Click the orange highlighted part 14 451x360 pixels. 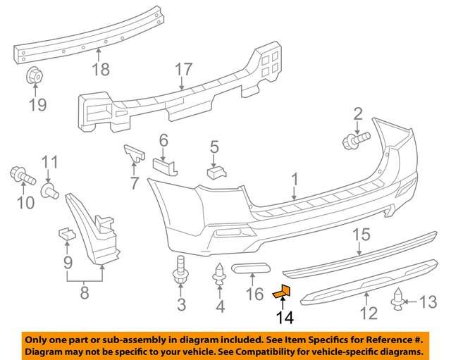pos(282,290)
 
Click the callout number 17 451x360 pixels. pos(183,70)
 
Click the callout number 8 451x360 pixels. pos(85,292)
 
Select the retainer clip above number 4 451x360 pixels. pos(218,275)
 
